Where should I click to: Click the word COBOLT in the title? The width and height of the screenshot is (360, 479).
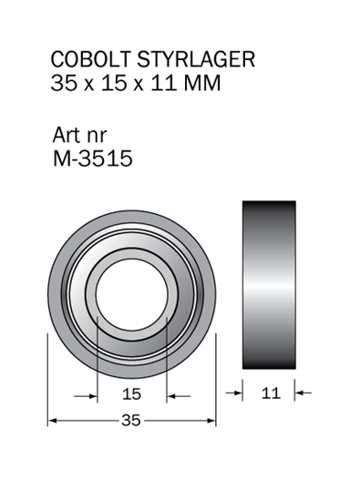pyautogui.click(x=91, y=58)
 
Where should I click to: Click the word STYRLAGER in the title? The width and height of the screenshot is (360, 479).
pyautogui.click(x=196, y=58)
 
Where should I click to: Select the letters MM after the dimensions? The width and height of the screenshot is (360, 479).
pyautogui.click(x=201, y=83)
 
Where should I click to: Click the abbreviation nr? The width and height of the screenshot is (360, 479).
pyautogui.click(x=97, y=137)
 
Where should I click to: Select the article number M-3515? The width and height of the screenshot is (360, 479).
pyautogui.click(x=93, y=158)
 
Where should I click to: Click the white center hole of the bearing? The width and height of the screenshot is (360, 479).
pyautogui.click(x=131, y=294)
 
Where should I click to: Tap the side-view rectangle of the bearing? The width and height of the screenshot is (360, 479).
pyautogui.click(x=269, y=285)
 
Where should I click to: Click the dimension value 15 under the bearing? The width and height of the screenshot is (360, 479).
pyautogui.click(x=131, y=393)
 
